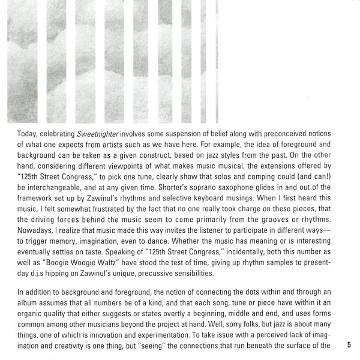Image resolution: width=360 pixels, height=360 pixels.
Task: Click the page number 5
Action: point(349,345)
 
